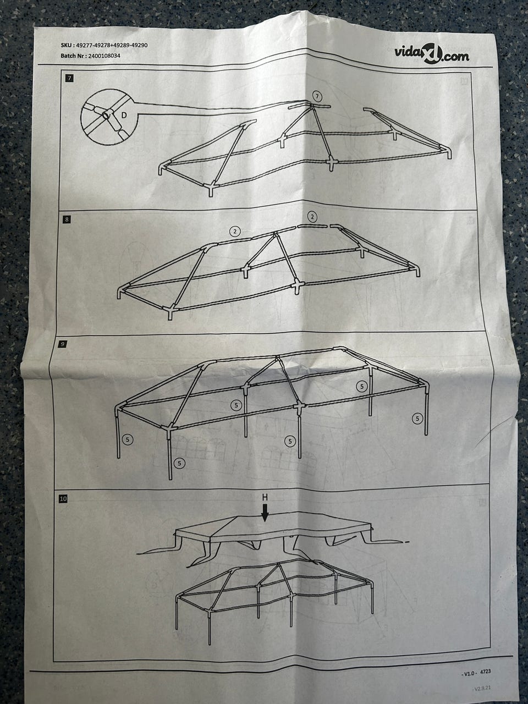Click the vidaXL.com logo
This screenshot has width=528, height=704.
click(432, 54)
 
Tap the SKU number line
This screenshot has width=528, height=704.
click(104, 45)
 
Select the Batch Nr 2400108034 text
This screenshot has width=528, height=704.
click(90, 56)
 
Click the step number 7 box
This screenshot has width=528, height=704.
click(69, 78)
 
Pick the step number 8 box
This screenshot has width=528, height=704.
click(67, 219)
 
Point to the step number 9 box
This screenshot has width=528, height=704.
click(62, 344)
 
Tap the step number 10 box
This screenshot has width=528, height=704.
click(63, 499)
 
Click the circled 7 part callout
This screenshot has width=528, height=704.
click(317, 96)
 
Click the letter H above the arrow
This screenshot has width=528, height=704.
click(265, 497)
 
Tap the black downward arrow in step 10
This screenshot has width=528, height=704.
click(265, 513)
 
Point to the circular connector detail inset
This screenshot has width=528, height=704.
click(109, 117)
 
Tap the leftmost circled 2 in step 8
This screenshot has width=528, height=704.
click(235, 231)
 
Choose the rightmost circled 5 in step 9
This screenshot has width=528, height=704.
click(417, 418)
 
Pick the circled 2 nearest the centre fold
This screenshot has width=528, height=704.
click(312, 217)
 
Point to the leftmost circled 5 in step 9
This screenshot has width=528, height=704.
click(128, 439)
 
